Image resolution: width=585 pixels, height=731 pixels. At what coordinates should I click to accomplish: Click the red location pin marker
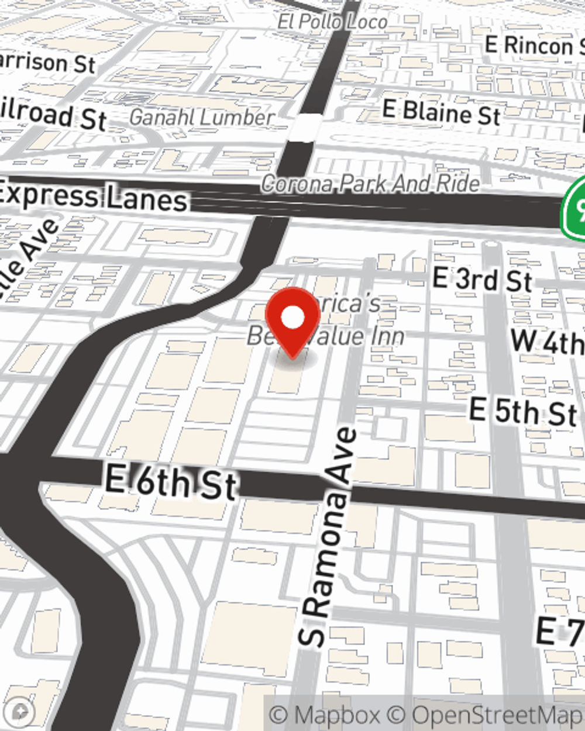click(293, 319)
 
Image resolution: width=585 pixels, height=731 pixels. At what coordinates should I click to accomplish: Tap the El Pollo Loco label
click(332, 22)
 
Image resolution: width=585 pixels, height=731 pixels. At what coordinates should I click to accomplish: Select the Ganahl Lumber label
click(201, 118)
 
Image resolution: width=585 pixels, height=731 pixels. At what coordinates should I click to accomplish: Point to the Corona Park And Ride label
click(370, 184)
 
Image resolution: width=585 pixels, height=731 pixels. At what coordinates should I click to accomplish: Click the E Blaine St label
click(441, 112)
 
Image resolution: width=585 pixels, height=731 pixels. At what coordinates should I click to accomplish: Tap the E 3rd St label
click(482, 280)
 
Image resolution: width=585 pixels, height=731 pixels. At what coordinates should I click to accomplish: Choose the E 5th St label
click(522, 412)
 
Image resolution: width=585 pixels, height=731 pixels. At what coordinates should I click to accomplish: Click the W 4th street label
click(548, 341)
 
